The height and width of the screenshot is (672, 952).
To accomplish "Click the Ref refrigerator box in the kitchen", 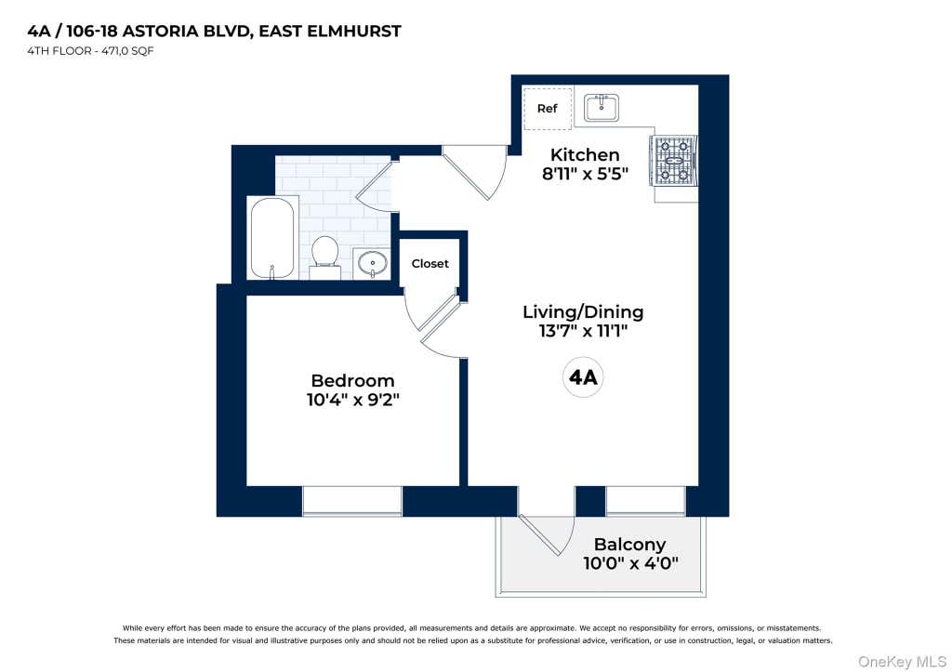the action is click(x=547, y=108).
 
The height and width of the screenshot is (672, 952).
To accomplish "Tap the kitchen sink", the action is click(x=602, y=108).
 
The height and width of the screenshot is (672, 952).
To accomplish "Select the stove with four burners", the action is click(x=674, y=161).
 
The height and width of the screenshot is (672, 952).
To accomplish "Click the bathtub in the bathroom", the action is click(x=272, y=237).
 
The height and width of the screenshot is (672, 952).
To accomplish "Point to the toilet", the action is click(x=324, y=257).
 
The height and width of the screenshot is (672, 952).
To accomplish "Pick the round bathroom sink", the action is click(x=372, y=263).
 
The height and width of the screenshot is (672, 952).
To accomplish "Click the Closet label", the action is click(x=430, y=263).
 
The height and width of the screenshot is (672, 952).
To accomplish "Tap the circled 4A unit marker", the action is click(x=583, y=377).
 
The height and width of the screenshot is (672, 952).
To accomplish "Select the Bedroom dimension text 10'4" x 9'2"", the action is click(x=352, y=400).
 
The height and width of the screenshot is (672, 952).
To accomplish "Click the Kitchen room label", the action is click(x=585, y=155).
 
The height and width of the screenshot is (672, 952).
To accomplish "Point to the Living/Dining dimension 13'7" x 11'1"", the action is click(x=583, y=332).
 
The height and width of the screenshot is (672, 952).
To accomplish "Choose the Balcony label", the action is click(x=629, y=545).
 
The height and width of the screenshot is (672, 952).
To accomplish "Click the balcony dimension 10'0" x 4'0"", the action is click(x=630, y=563).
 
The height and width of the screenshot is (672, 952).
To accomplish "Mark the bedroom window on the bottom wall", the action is click(x=352, y=501).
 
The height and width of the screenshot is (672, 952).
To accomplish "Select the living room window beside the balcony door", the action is click(x=645, y=501).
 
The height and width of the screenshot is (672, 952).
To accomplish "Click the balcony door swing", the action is click(x=547, y=535).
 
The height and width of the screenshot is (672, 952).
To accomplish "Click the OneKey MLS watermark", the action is click(x=902, y=661).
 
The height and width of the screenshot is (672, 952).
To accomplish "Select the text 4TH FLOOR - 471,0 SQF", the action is click(x=90, y=51).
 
